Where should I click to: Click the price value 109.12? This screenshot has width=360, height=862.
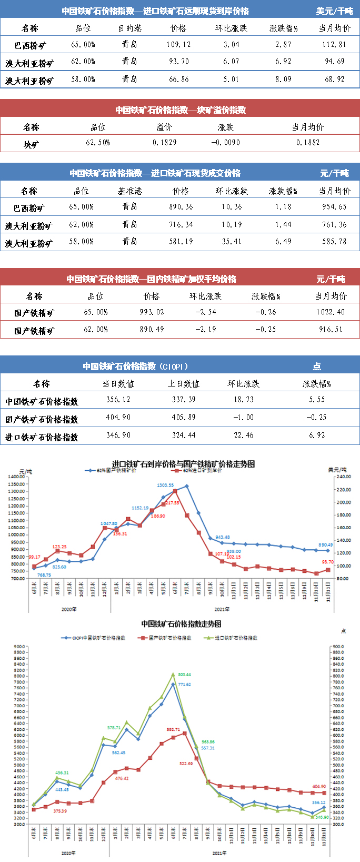tap(178, 45)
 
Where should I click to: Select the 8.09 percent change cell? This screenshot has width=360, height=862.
tap(283, 80)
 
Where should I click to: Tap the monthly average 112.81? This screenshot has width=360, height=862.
tap(334, 45)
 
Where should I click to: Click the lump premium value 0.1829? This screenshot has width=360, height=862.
tap(165, 143)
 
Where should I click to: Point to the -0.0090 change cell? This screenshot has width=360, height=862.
tap(226, 143)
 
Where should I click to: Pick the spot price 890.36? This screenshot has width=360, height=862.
tap(181, 207)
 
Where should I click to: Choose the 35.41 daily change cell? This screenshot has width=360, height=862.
tap(232, 242)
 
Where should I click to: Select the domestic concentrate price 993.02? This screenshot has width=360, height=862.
tap(152, 312)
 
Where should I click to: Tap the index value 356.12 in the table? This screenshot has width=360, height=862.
tap(118, 400)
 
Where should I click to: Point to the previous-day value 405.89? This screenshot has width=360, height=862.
tap(184, 418)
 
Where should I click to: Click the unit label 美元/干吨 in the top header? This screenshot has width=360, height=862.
tap(335, 11)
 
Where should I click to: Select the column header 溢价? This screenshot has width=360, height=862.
tap(165, 127)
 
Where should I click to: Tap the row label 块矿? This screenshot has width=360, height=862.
tap(31, 144)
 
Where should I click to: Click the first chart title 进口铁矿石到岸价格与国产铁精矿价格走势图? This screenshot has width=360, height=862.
tap(183, 464)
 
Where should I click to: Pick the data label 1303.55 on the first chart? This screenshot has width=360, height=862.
tap(165, 486)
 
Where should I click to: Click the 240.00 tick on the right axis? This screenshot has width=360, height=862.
tap(344, 477)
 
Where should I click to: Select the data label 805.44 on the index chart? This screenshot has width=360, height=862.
tap(184, 675)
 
